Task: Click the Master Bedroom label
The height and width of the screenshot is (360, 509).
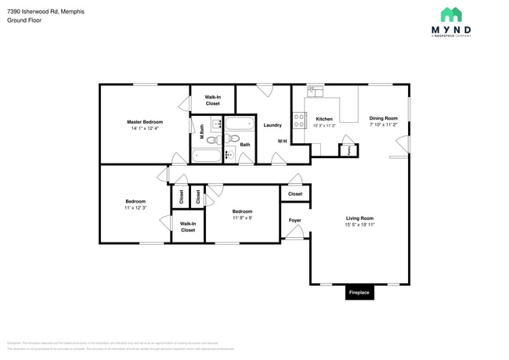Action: [145, 122]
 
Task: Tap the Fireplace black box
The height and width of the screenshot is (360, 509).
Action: [359, 293]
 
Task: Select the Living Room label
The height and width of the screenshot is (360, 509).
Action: [359, 218]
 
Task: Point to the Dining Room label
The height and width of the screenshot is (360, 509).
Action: [383, 118]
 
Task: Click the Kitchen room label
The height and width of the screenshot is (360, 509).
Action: [324, 119]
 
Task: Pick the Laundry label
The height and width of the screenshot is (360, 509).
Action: [273, 125]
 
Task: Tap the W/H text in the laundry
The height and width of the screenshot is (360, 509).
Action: [282, 141]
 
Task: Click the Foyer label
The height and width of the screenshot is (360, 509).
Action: [295, 220]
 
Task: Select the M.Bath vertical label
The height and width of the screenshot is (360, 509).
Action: [201, 132]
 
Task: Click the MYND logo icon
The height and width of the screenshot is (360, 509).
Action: [451, 15]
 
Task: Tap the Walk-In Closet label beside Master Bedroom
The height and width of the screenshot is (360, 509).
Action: [213, 99]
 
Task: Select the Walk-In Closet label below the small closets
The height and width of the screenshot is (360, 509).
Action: [188, 227]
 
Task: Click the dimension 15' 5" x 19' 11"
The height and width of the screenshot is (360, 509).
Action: [359, 225]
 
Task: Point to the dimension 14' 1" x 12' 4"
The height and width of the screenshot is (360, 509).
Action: [145, 128]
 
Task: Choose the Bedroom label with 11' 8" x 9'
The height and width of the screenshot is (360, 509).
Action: [242, 211]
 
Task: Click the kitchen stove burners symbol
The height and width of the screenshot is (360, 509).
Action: [298, 121]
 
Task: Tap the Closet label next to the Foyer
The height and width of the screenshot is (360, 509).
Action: [295, 193]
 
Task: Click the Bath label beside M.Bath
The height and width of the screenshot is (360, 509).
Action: [245, 145]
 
